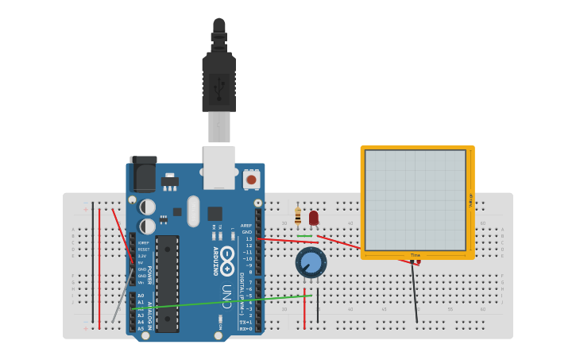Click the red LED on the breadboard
coord(314,217)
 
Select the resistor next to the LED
coord(298,215)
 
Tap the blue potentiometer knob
coord(311,262)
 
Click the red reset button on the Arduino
coord(251,180)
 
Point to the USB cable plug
coord(218,79)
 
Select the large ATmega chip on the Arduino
coord(167,283)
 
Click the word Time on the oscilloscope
coord(415,255)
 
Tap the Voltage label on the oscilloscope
coord(470,200)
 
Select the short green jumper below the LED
coord(304,236)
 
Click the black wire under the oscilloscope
coord(414,294)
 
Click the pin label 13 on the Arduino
coord(248,238)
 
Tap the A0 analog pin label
coord(141,296)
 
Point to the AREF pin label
coord(246,225)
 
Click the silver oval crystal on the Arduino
coord(193,211)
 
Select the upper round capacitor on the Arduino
coord(147,207)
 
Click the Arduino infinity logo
coord(227,255)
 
